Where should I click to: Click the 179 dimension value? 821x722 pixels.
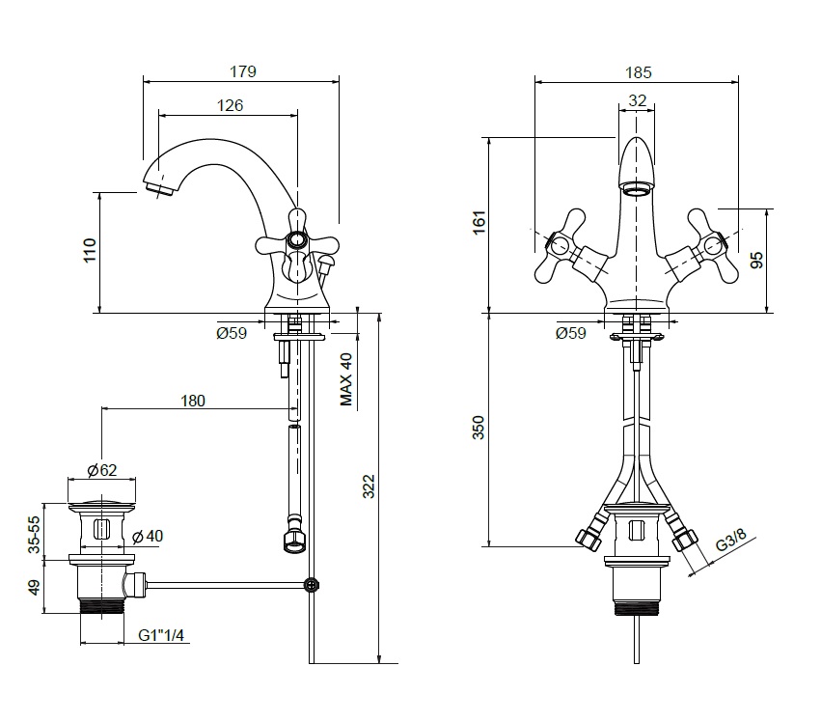(x=242, y=70)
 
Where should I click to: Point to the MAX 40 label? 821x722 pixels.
(x=347, y=378)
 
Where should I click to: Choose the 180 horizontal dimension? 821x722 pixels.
(x=193, y=401)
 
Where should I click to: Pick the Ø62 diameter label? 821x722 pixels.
(x=101, y=471)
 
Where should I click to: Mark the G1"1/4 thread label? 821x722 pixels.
(x=161, y=635)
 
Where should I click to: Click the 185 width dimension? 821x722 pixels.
(x=638, y=71)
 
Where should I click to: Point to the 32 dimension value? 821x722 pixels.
(x=637, y=99)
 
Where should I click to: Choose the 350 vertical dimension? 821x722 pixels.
(x=479, y=428)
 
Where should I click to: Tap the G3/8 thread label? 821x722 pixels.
(x=730, y=541)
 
